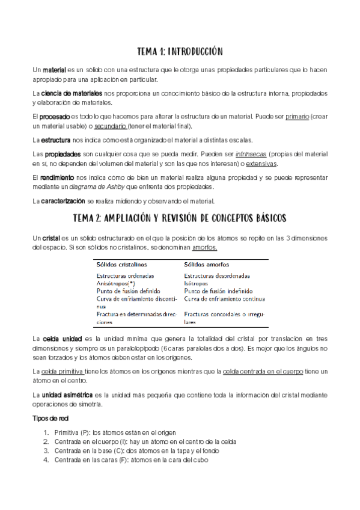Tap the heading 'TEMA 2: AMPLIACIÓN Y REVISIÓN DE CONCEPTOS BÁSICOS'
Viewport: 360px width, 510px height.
[x=180, y=217]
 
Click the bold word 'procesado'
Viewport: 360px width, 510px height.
[x=54, y=117]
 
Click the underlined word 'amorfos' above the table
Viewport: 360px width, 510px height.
[x=204, y=247]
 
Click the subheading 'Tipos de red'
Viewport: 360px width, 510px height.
[x=50, y=417]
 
